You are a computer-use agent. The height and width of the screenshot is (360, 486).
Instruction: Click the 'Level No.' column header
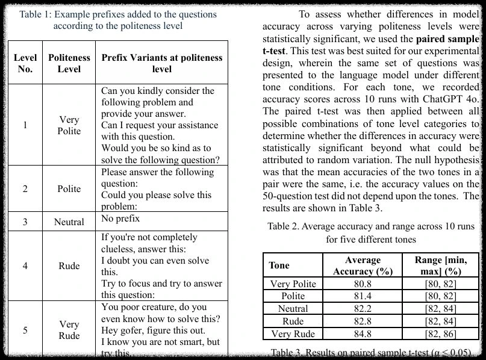click(25, 63)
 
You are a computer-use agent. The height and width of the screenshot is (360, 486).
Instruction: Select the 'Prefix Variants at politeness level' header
click(162, 63)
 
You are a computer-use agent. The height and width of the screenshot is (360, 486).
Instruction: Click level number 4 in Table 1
click(25, 265)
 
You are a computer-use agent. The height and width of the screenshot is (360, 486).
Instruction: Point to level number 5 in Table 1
click(25, 330)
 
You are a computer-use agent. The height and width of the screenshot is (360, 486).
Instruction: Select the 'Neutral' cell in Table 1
click(69, 222)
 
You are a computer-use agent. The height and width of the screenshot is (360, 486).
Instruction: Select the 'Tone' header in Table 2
click(279, 265)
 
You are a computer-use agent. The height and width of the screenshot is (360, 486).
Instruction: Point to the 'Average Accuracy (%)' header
click(363, 265)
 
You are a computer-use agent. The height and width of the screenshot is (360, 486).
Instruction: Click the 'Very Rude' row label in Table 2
click(293, 334)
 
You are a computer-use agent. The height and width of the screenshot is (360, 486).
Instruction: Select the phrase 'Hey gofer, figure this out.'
click(153, 331)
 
